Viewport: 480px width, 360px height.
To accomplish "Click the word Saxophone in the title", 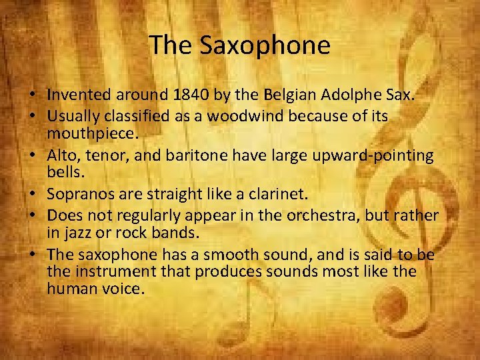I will (265, 45).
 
